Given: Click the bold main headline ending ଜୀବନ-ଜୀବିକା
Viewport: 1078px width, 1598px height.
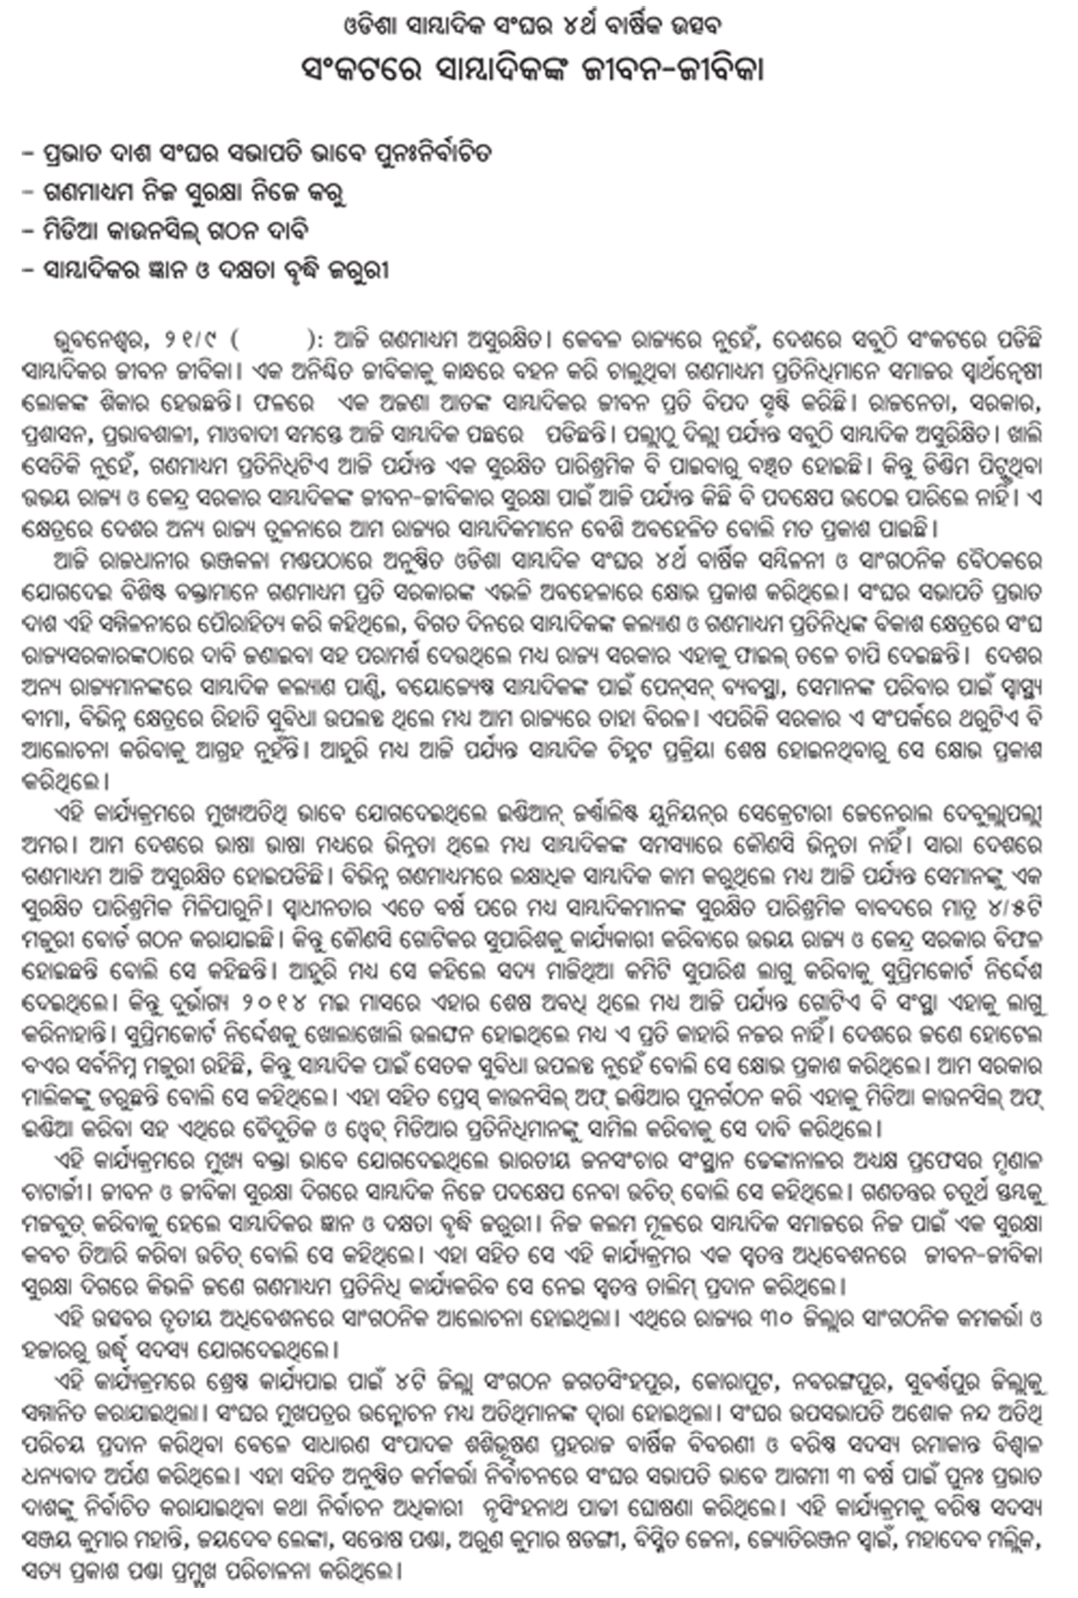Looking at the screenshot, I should click(533, 71).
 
